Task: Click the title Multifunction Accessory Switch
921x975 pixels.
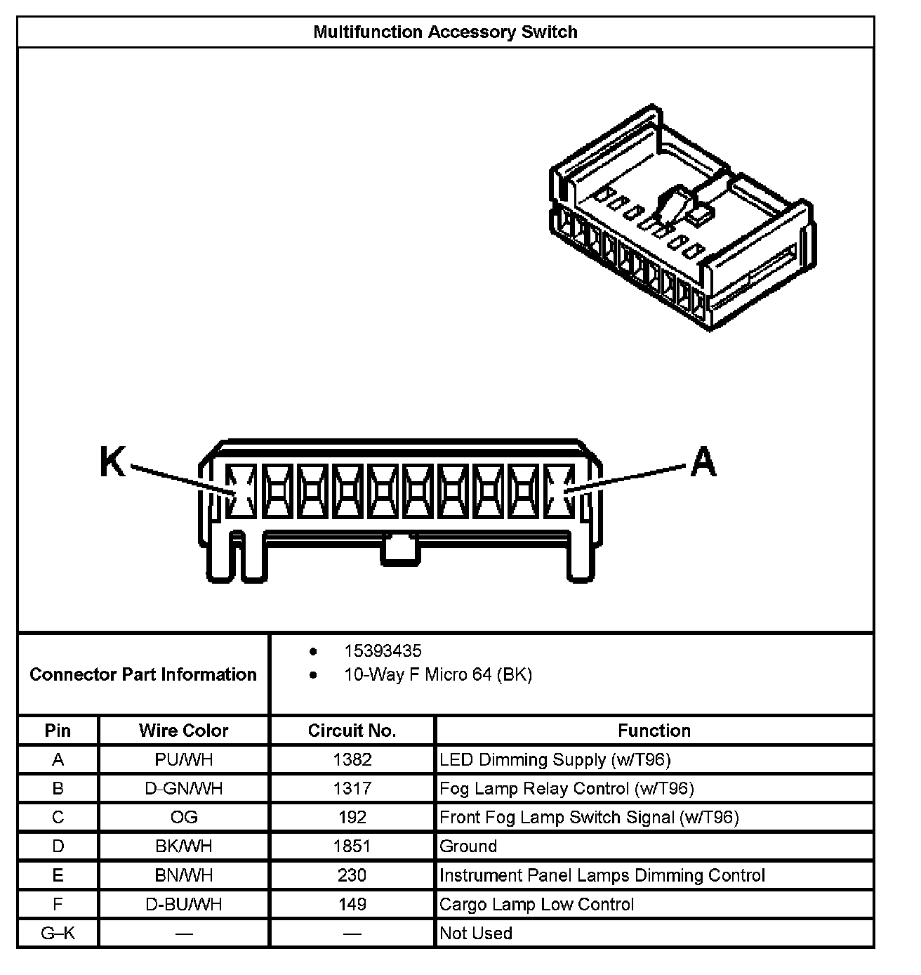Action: tap(445, 32)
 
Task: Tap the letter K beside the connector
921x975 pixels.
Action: tap(112, 462)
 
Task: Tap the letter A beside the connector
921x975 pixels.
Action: tap(703, 462)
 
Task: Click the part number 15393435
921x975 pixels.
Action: tap(383, 651)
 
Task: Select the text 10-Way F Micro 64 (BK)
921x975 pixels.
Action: tap(437, 675)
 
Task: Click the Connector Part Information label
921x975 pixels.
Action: tap(143, 675)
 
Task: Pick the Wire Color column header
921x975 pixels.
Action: tap(183, 731)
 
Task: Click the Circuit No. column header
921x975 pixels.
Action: tap(352, 731)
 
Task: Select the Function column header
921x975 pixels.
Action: tap(654, 731)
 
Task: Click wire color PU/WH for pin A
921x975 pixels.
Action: tap(183, 759)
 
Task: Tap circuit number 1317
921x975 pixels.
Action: tap(352, 788)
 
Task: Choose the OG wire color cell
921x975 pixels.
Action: tap(183, 817)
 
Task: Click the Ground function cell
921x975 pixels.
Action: tap(468, 846)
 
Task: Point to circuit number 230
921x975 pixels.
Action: tap(352, 875)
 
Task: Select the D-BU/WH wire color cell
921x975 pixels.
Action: tap(183, 904)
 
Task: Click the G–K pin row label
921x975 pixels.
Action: tap(58, 933)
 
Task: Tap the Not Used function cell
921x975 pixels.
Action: tap(476, 933)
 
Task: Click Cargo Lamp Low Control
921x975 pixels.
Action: tap(536, 904)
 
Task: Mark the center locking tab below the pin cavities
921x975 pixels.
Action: tap(399, 549)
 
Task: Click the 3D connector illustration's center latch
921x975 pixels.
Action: tap(672, 204)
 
